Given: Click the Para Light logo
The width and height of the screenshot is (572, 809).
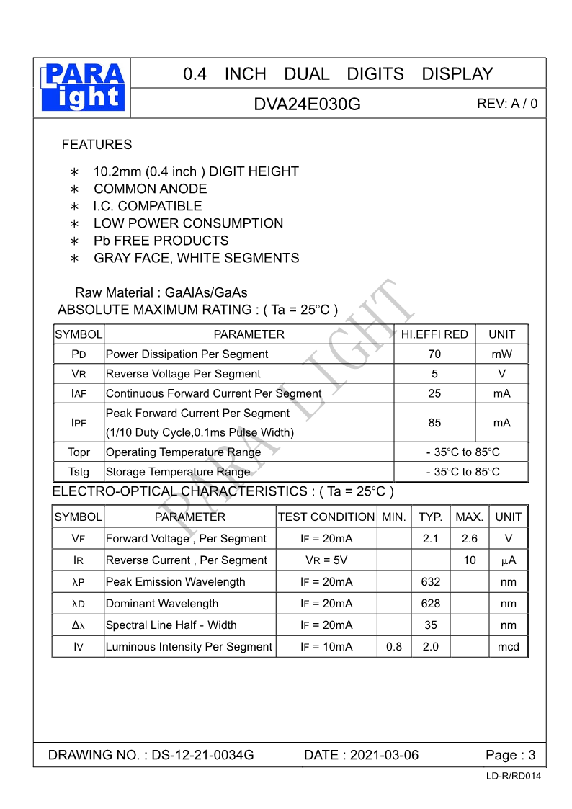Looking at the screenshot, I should pyautogui.click(x=83, y=87).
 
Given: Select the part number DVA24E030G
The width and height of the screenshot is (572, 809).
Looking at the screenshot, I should pyautogui.click(x=307, y=104).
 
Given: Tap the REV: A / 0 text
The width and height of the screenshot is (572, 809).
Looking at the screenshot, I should pyautogui.click(x=506, y=104).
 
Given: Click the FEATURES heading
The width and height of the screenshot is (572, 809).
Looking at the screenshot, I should pyautogui.click(x=97, y=145).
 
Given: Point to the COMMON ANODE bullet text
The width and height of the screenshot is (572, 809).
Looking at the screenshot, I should pyautogui.click(x=150, y=189).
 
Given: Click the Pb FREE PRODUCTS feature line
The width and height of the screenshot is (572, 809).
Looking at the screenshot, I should pyautogui.click(x=161, y=241).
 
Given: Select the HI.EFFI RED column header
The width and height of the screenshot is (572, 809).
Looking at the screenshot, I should pyautogui.click(x=434, y=334).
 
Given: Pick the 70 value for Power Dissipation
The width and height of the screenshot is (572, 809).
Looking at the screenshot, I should pyautogui.click(x=434, y=354).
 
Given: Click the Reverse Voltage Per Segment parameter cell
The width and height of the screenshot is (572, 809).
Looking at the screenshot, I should pyautogui.click(x=183, y=374).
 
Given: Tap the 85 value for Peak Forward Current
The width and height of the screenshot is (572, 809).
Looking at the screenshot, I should pyautogui.click(x=434, y=423).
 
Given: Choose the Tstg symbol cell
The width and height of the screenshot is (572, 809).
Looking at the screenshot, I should pyautogui.click(x=79, y=472).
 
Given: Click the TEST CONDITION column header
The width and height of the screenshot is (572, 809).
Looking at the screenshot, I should pyautogui.click(x=326, y=517).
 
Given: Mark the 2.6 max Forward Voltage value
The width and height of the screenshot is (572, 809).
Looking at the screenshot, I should pyautogui.click(x=469, y=539).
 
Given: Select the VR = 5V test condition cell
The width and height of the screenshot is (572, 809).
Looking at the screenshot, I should pyautogui.click(x=326, y=560).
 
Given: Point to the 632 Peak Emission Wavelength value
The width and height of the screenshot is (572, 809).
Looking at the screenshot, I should pyautogui.click(x=431, y=582).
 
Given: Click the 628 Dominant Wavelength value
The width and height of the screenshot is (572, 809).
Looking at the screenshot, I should pyautogui.click(x=431, y=604).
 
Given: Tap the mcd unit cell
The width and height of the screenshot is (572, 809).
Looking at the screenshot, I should pyautogui.click(x=508, y=647).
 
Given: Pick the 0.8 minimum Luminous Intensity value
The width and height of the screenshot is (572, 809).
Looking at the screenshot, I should pyautogui.click(x=394, y=647).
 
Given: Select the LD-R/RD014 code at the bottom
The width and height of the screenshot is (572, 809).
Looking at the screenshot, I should pyautogui.click(x=514, y=776).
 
